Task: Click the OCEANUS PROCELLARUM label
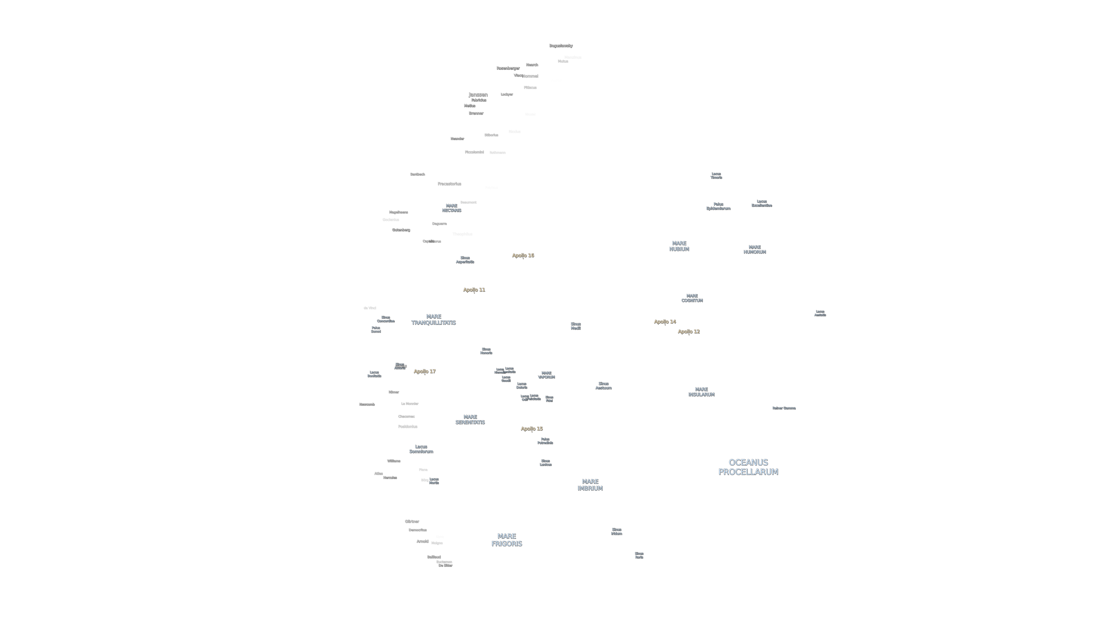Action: (748, 467)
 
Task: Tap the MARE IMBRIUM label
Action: (590, 485)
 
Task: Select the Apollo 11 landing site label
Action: (474, 290)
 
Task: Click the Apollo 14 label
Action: (665, 322)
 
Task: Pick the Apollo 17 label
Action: (425, 371)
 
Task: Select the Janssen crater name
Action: (478, 94)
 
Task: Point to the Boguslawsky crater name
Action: (560, 46)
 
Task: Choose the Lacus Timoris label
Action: (716, 176)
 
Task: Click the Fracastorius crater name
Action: (449, 184)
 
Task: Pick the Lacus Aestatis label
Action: (820, 313)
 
